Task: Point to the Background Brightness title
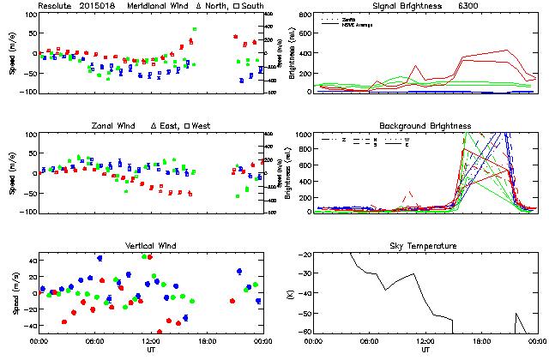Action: [x=425, y=126]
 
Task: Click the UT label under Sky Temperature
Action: [x=425, y=351]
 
